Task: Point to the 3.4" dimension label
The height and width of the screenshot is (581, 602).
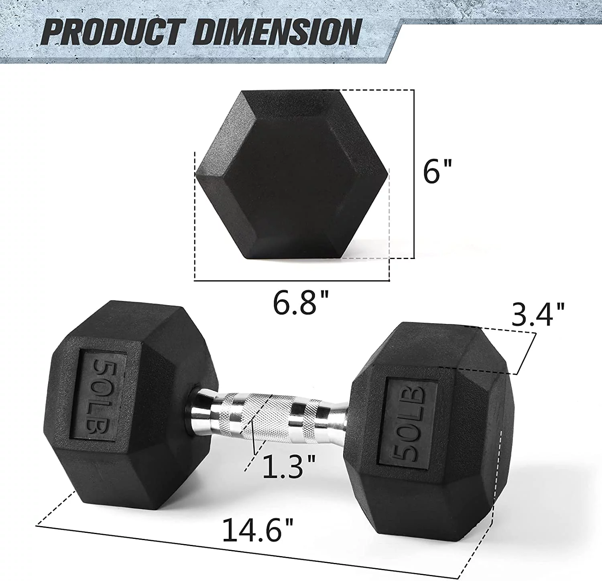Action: (x=538, y=314)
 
